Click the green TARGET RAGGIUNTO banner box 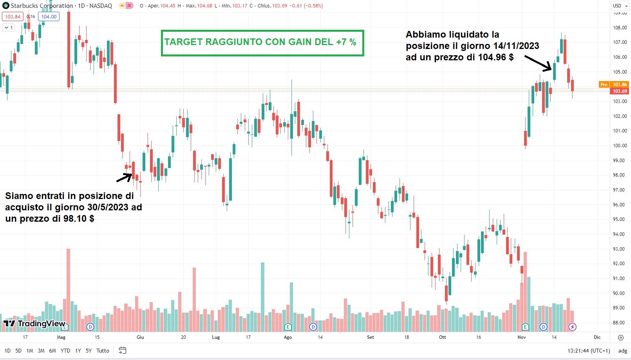pos(262,43)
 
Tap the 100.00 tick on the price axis pos(620,146)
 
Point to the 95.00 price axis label pos(620,219)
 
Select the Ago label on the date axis pos(288,337)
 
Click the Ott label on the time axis pos(442,337)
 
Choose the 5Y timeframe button pos(89,351)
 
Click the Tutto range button pos(103,351)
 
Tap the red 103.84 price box pos(13,17)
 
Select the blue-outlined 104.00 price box pos(49,17)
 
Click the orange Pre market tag pos(604,85)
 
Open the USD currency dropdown pos(620,6)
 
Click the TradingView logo pos(34,324)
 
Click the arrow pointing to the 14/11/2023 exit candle pos(539,63)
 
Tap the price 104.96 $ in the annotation pos(495,57)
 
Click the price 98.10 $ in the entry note pos(79,219)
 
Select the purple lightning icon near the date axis pos(572,327)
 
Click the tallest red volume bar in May pos(68,290)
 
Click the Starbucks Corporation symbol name pos(42,6)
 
